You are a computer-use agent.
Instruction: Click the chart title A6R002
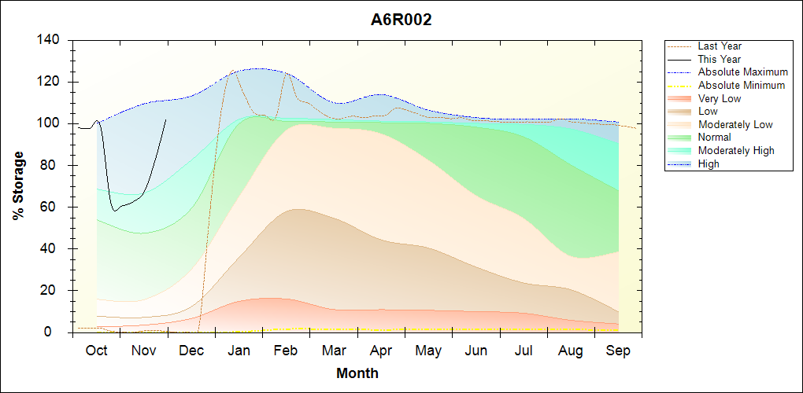click(x=401, y=20)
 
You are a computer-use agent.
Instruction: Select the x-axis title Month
click(x=357, y=373)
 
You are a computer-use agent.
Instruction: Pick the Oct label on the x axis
click(x=97, y=351)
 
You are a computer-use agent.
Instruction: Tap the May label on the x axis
click(x=428, y=351)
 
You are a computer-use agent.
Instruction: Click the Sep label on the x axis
click(x=618, y=351)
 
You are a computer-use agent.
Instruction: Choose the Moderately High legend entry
click(x=736, y=151)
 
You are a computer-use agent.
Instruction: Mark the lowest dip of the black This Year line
click(x=115, y=211)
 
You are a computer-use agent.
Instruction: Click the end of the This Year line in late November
click(x=166, y=119)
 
